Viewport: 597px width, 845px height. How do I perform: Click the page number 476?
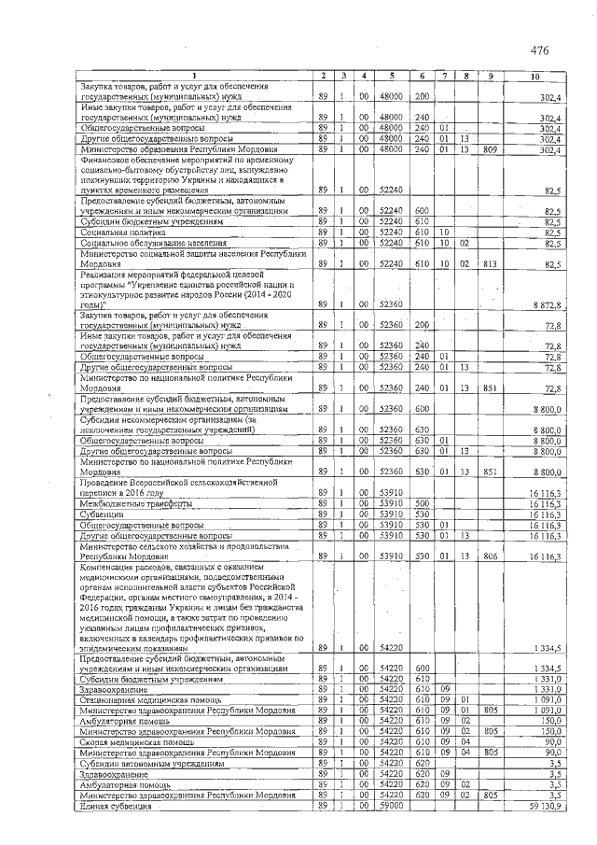pos(539,49)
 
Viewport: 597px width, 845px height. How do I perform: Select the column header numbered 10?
pos(535,76)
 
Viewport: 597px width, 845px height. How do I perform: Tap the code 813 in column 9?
pos(490,264)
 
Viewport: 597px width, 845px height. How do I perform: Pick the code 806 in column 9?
pos(490,556)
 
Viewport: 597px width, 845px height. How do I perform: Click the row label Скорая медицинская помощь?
pos(139,741)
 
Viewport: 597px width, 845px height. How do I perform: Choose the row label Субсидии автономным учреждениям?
pos(153,763)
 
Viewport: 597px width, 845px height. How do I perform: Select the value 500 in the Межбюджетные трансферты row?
pos(422,503)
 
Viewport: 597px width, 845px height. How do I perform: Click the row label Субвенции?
pos(103,514)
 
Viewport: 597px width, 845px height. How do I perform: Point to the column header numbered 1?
pos(194,76)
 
